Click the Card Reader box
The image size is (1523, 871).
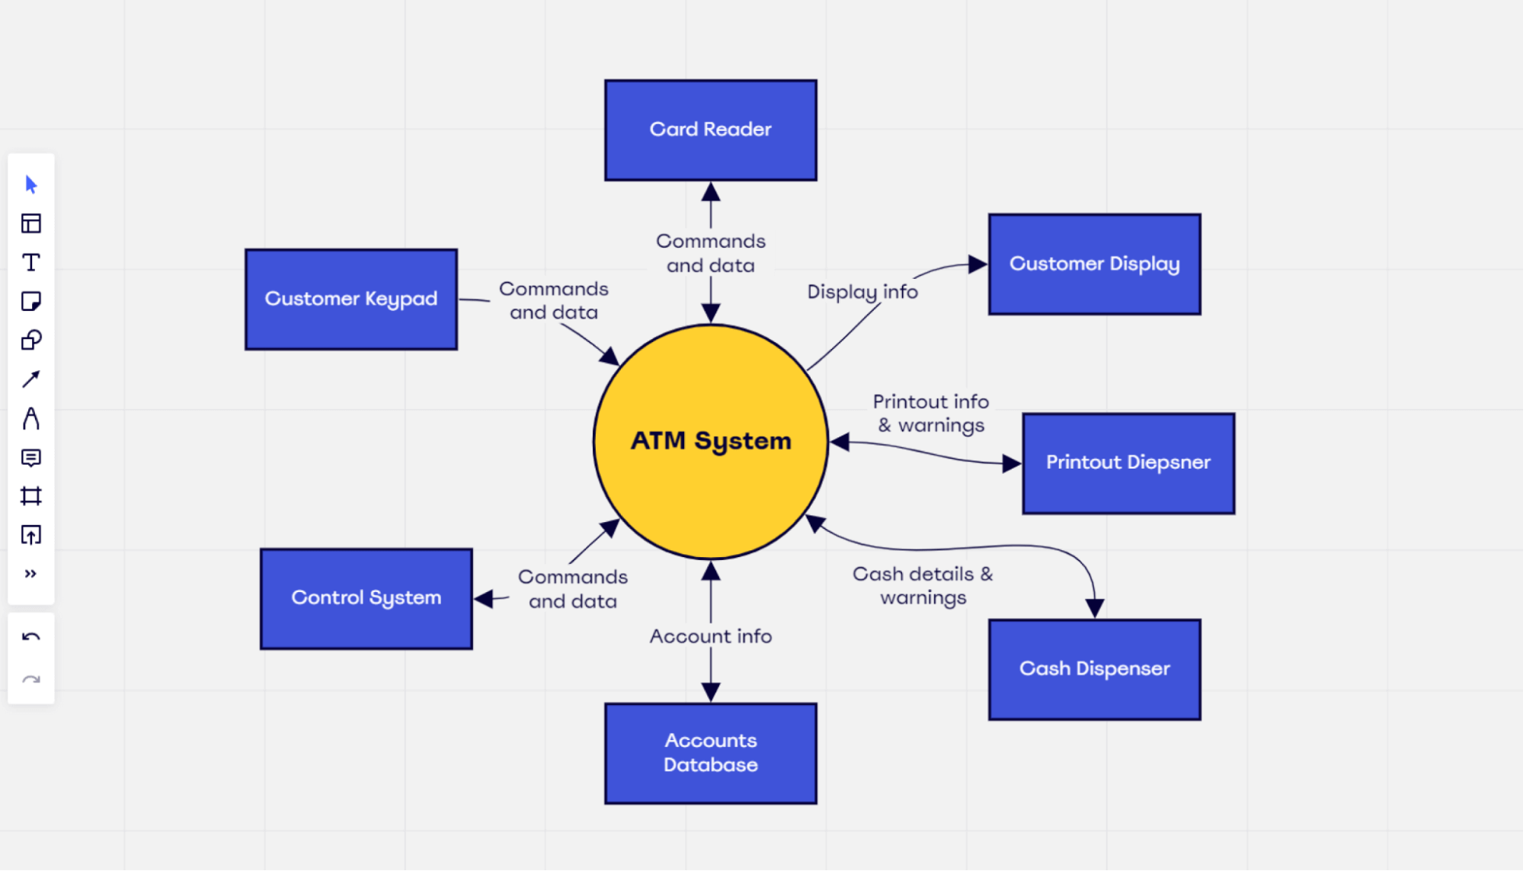click(x=710, y=130)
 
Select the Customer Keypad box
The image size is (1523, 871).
click(x=350, y=299)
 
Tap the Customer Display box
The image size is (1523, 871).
click(x=1094, y=264)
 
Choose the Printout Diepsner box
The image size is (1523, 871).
click(x=1128, y=463)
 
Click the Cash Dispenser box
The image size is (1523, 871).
click(x=1094, y=670)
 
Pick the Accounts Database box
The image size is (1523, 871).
click(x=710, y=753)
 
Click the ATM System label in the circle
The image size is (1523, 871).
click(x=710, y=440)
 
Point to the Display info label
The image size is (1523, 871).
click(x=862, y=292)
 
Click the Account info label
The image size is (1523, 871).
click(x=710, y=636)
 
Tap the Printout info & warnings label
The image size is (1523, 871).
click(x=930, y=413)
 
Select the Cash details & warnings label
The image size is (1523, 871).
click(x=922, y=585)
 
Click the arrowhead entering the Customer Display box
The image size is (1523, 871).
click(x=977, y=264)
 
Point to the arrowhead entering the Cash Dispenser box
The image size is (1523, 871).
click(x=1095, y=608)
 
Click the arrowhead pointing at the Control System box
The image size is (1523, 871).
click(x=483, y=599)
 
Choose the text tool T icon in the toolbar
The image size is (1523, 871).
click(x=31, y=263)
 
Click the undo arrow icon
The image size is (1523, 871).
click(x=31, y=637)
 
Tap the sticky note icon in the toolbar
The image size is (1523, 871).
click(x=31, y=302)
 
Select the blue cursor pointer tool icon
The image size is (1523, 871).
click(x=31, y=184)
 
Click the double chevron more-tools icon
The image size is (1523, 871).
click(x=30, y=574)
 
